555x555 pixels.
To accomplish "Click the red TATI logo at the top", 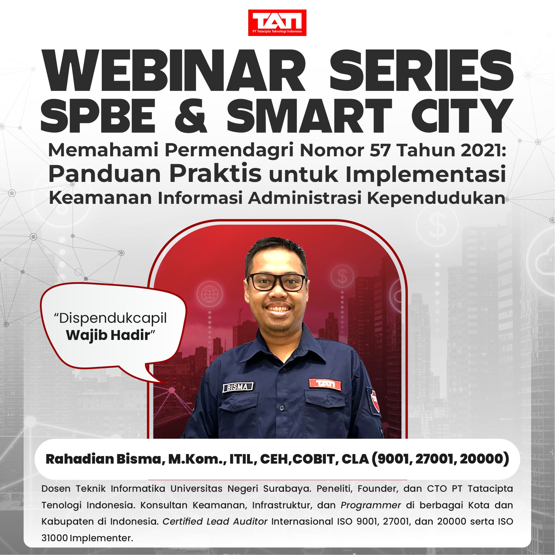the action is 277,23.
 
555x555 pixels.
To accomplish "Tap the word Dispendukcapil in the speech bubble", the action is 110,319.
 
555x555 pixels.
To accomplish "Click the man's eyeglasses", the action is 277,282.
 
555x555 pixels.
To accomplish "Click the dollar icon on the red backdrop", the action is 342,276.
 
